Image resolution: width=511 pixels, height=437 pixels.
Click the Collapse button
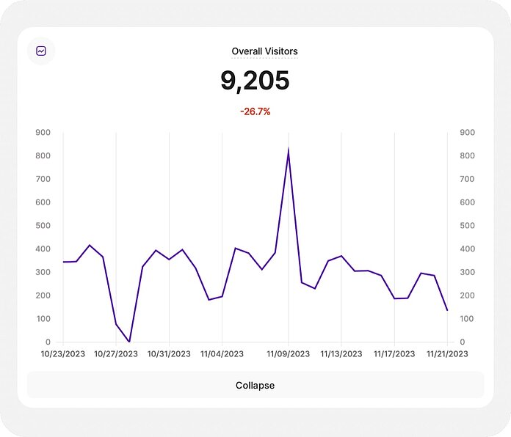pos(255,385)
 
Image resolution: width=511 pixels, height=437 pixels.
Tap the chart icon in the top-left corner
pos(41,51)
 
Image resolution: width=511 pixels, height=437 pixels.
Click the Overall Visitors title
pos(264,51)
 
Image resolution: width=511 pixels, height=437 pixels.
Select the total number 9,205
pos(255,81)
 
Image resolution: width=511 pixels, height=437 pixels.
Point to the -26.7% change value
pos(255,111)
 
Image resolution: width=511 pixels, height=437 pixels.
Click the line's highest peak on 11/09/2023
pos(289,150)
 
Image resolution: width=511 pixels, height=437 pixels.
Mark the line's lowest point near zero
pos(129,341)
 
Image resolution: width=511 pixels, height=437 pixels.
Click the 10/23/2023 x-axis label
pos(63,353)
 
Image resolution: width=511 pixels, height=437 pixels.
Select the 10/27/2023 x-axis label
pos(116,353)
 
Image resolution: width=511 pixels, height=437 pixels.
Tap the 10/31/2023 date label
pos(169,353)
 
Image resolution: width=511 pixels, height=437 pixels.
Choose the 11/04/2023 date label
pos(222,353)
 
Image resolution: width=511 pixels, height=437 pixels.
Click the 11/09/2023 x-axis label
pos(289,353)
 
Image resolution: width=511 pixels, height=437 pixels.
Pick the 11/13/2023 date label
pos(341,353)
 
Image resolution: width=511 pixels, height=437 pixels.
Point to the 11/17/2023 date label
pos(394,353)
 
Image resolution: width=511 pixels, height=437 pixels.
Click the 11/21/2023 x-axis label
pos(447,353)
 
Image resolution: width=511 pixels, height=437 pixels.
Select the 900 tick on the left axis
pos(43,133)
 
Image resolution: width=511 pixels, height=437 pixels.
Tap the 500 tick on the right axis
pos(467,226)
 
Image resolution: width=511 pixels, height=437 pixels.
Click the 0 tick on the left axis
pos(48,342)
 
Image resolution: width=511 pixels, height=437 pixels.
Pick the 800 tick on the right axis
pos(467,156)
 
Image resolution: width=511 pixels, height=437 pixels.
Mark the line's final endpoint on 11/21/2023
pos(447,310)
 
